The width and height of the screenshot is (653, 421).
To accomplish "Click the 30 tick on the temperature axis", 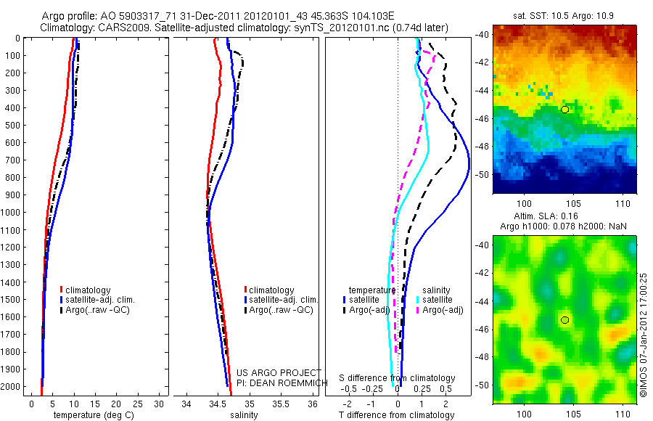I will coord(159,404).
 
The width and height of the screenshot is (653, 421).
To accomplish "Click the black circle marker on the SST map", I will coord(564,109).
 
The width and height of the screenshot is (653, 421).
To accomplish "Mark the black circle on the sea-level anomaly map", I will coord(564,319).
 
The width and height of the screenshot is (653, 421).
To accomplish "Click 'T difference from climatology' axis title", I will coord(398,415).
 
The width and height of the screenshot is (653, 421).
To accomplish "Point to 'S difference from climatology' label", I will coord(398,378).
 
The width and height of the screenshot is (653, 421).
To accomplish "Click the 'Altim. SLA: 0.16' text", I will coord(564,216).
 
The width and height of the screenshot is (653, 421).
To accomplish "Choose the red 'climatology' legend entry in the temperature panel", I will coord(91,290).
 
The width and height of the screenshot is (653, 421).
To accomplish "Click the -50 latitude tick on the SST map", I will coord(483,174).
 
